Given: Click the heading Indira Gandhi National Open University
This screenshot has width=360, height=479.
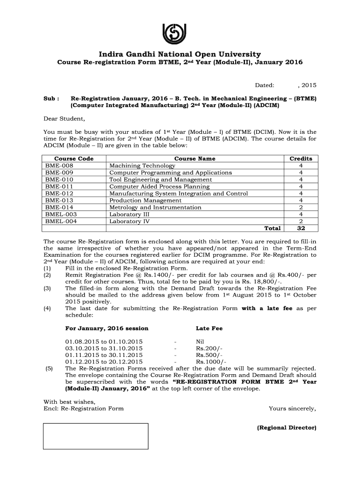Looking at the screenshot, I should tap(180, 54).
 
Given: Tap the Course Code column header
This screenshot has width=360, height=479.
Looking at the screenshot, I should tap(74, 159).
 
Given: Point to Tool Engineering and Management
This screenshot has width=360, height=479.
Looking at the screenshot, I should tap(160, 180).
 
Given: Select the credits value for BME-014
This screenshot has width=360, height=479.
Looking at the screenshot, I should tap(301, 207).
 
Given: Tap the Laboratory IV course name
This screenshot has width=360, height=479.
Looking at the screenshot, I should tap(126, 221).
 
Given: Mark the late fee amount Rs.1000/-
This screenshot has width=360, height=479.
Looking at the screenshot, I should tap(211, 362).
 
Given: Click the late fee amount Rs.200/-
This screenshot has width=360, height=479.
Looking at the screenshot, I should tap(209, 348).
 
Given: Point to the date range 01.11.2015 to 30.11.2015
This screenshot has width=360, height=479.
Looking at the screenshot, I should tap(104, 355).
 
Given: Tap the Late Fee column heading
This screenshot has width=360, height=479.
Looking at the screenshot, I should tap(209, 328).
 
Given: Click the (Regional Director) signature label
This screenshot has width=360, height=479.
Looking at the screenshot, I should tap(287, 428).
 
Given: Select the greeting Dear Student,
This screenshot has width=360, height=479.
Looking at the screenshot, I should tap(64, 118).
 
